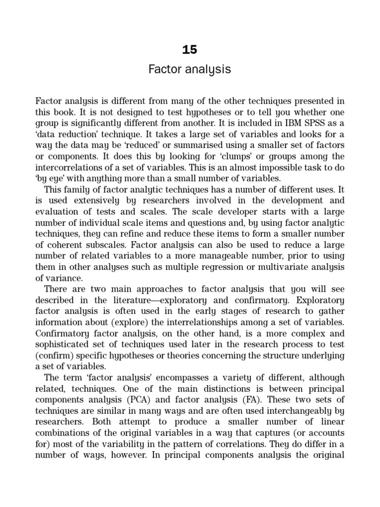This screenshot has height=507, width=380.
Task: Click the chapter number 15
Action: click(x=190, y=50)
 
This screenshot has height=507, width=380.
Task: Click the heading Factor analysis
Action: click(x=190, y=69)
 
